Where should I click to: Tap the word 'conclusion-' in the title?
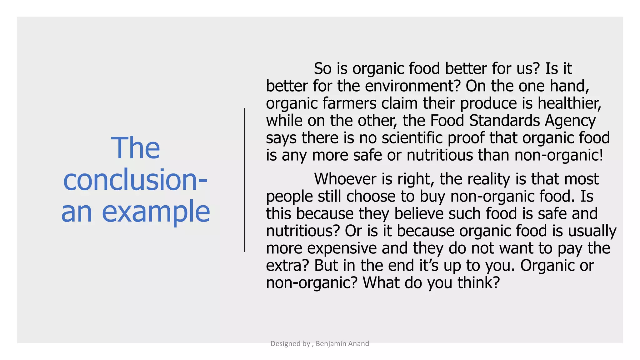[135, 180]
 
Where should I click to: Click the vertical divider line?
[244, 180]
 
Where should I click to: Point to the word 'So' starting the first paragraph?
[322, 68]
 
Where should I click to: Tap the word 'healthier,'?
[569, 103]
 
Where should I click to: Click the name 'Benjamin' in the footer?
[331, 344]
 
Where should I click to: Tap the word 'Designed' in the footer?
[286, 344]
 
